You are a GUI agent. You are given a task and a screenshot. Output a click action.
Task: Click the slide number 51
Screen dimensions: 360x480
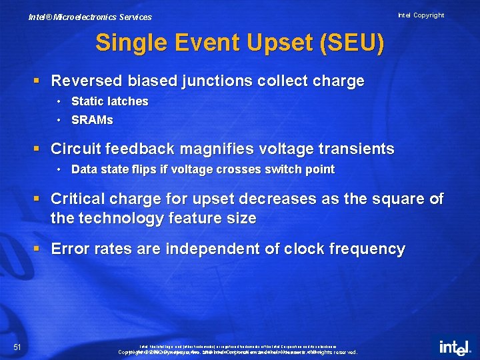pos(18,346)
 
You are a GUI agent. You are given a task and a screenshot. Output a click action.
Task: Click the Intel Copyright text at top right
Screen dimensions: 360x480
pos(421,15)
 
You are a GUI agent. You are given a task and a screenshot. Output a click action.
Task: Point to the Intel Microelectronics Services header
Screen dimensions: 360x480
pos(90,17)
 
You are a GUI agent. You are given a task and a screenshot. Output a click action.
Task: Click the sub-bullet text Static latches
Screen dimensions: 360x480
pos(109,101)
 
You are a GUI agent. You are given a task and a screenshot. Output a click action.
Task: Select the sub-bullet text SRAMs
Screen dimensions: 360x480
pos(92,121)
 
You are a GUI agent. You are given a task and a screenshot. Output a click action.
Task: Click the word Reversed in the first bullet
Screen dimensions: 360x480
pos(82,81)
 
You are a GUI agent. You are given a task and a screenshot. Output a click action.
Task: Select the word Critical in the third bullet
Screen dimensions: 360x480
pos(76,199)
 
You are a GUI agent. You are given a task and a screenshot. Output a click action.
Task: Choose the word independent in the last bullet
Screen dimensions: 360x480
pos(206,249)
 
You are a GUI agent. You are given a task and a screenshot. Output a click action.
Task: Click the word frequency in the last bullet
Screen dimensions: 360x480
pos(366,249)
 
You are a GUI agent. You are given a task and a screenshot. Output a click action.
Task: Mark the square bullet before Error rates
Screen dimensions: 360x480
pos(38,249)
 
